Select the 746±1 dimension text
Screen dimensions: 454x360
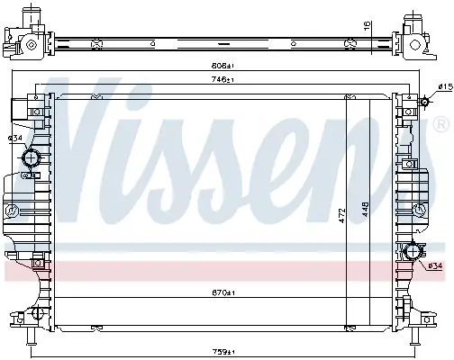[222, 80]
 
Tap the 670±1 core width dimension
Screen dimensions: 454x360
[223, 292]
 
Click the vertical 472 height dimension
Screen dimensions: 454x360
[342, 216]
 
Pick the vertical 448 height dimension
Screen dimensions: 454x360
[365, 209]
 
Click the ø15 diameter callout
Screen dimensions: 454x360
[445, 87]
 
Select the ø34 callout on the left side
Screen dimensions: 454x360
[15, 139]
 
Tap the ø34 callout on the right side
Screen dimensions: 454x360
[435, 265]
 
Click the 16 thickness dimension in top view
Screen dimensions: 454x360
[367, 26]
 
